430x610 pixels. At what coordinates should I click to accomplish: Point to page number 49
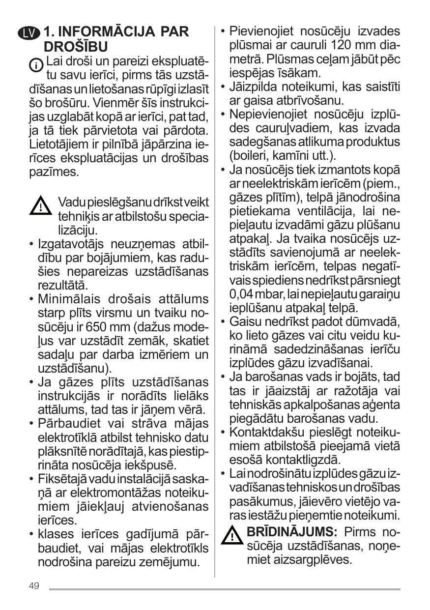34,586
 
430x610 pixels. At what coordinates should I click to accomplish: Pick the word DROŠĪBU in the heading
76,47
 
